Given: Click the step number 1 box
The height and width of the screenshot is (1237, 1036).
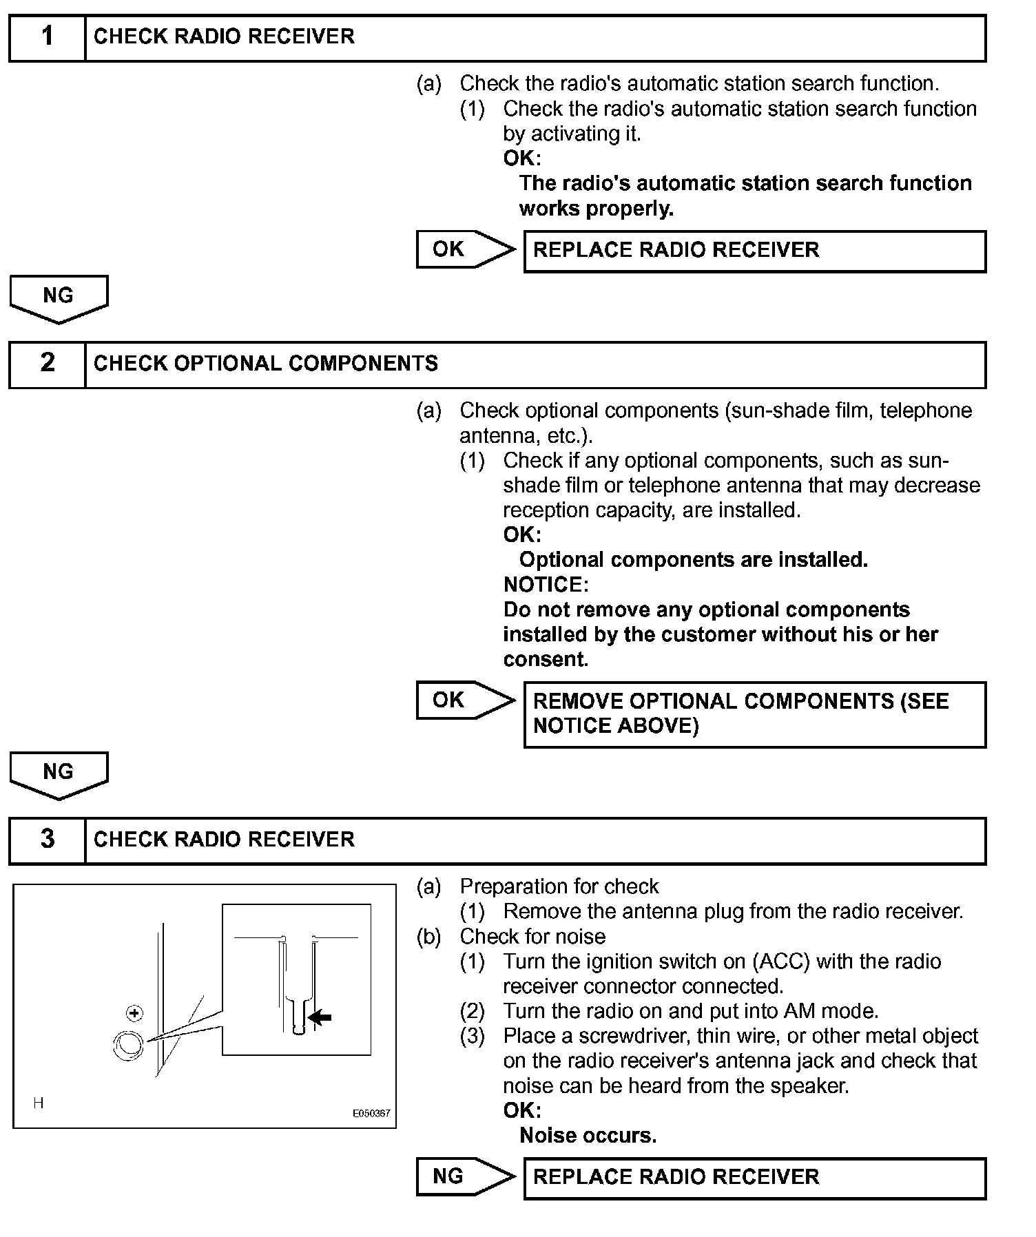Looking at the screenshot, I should (x=47, y=38).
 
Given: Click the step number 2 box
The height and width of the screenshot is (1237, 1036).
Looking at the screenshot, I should (x=47, y=364).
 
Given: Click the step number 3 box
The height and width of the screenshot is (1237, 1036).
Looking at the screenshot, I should (x=47, y=840).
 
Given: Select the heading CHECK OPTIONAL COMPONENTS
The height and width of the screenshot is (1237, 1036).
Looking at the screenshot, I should (x=265, y=364).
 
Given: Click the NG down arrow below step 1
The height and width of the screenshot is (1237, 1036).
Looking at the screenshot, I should (x=59, y=298).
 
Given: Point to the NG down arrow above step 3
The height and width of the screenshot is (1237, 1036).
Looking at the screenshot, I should (x=59, y=774).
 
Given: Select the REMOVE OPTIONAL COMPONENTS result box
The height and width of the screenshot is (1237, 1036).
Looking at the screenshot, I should (x=754, y=714).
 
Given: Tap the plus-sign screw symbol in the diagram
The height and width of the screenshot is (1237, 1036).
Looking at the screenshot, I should (x=135, y=1013).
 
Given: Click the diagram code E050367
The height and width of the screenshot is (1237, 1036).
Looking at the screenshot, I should (x=371, y=1113).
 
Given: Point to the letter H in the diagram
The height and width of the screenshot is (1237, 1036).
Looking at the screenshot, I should (x=39, y=1103).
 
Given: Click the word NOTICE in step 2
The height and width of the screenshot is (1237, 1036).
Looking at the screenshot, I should (x=546, y=585).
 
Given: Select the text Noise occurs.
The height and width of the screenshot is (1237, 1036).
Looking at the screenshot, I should (x=588, y=1135).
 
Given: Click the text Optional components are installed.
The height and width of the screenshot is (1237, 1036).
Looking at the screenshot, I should (x=693, y=559).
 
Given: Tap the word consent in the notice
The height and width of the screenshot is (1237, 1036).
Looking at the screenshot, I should (x=546, y=659).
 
